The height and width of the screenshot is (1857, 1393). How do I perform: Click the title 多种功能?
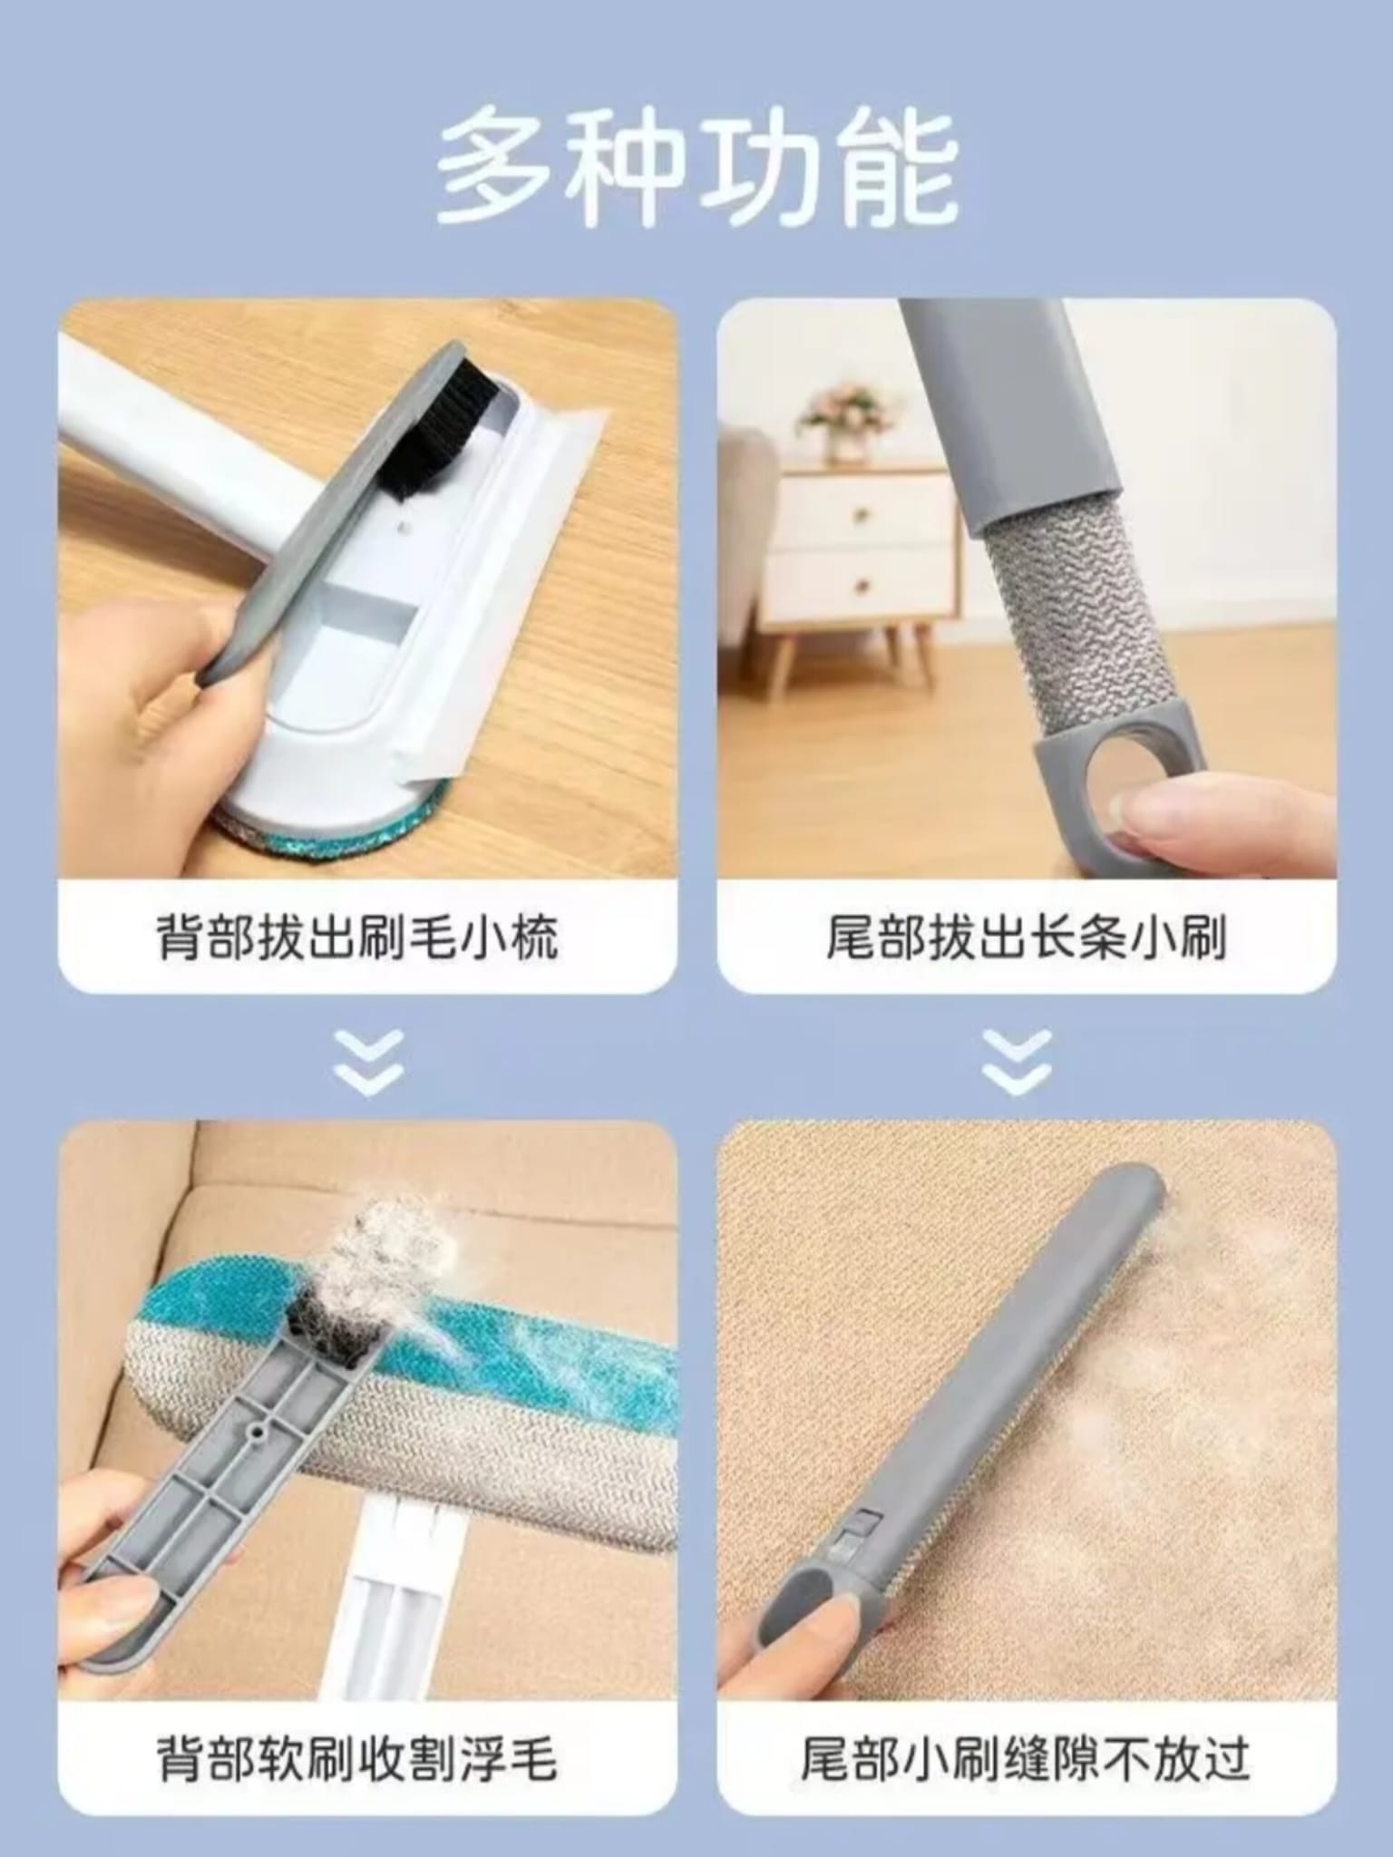click(x=696, y=166)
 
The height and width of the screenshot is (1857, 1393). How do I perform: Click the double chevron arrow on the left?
click(x=368, y=1062)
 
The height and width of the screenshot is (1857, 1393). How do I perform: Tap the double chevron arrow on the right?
click(x=1017, y=1062)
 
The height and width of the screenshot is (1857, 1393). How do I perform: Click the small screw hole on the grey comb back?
click(x=258, y=1430)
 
